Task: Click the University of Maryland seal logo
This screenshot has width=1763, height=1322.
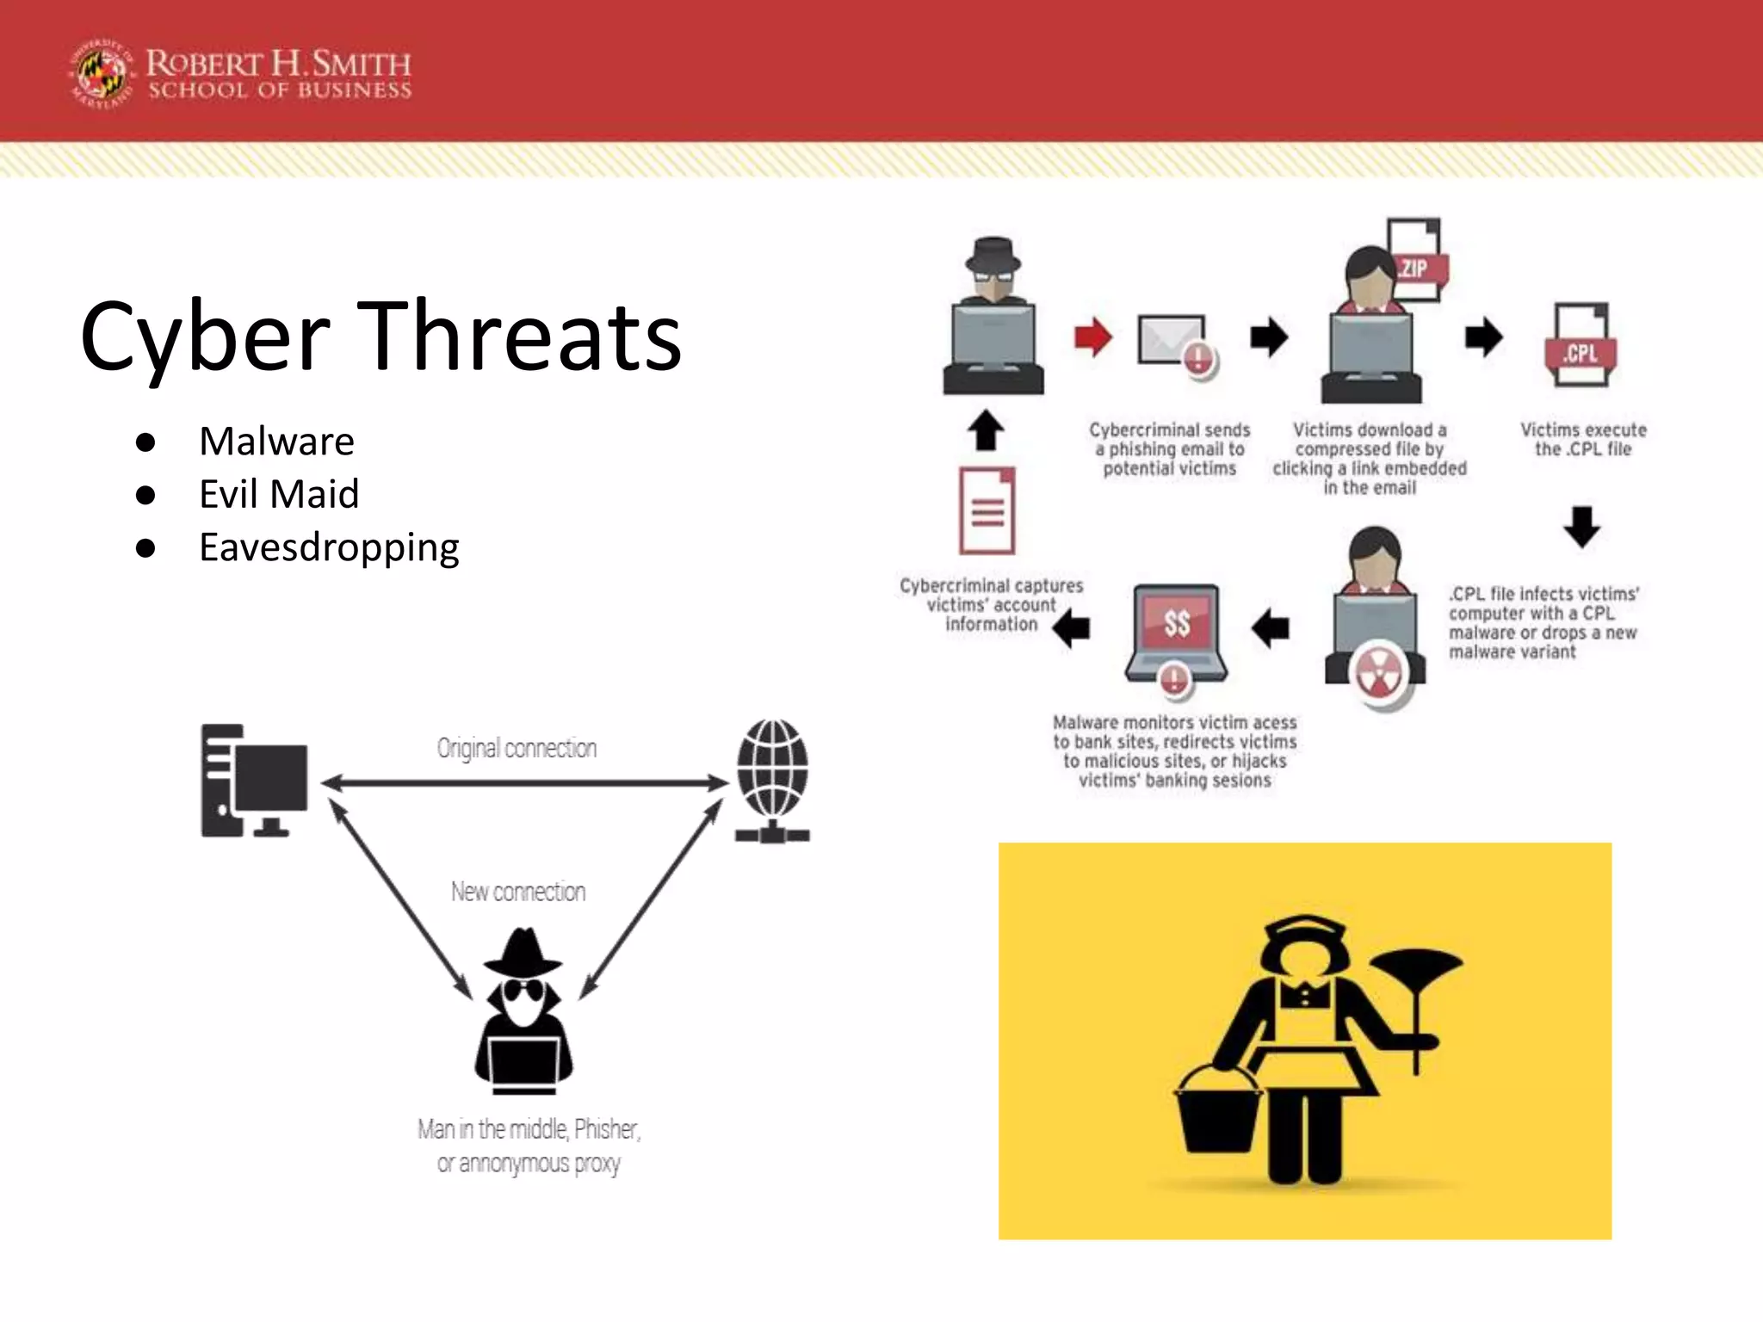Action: tap(102, 75)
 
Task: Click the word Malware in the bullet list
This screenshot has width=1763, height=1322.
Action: tap(276, 442)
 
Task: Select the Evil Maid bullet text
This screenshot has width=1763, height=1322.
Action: tap(279, 494)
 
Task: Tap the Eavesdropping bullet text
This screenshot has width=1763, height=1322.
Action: tap(329, 547)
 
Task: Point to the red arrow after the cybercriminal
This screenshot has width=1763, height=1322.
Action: tap(1093, 337)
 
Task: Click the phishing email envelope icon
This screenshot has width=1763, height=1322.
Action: tap(1172, 343)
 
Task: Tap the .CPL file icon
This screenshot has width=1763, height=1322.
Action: tap(1581, 346)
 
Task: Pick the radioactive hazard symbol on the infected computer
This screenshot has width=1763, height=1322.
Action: tap(1377, 671)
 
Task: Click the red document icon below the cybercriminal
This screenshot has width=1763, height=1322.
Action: tap(987, 510)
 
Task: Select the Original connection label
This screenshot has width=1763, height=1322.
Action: tap(517, 748)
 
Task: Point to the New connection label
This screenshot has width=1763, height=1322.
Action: tap(518, 892)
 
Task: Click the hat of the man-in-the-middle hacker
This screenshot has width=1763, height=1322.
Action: tap(523, 951)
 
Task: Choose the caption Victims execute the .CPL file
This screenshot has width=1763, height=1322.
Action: tap(1583, 439)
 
